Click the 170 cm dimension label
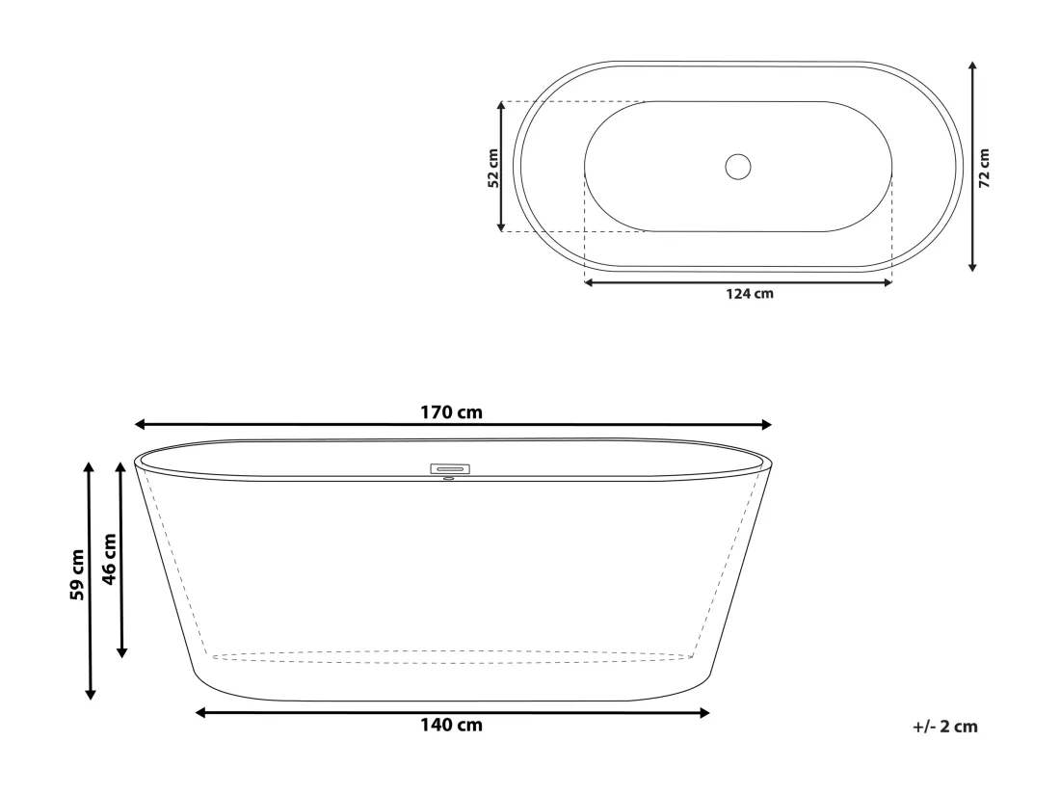tap(451, 412)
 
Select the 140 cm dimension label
tap(451, 725)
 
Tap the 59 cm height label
tap(78, 575)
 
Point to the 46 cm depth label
tap(109, 559)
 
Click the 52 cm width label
tap(493, 169)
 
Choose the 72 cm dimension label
tap(984, 169)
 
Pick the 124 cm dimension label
tap(750, 294)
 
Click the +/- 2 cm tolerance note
tap(945, 728)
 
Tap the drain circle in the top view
tap(737, 167)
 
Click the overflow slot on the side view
tap(450, 468)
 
